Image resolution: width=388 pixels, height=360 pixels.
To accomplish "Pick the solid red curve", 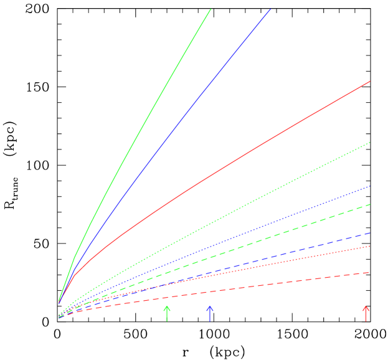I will (249, 152).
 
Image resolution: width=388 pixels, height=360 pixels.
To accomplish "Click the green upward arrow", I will (166, 313).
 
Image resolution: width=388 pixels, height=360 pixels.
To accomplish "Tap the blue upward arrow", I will (210, 313).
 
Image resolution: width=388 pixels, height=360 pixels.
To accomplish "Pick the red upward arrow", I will (366, 313).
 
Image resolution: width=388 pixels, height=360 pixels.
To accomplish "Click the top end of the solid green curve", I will (211, 9).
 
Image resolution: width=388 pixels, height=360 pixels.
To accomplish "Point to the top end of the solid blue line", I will (270, 9).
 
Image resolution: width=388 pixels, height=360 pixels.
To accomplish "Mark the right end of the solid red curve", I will (370, 82).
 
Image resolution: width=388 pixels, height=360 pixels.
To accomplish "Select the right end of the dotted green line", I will (370, 143).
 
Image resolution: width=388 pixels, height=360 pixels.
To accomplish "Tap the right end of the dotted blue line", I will (370, 186).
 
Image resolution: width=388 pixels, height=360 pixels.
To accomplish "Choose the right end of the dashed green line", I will (370, 204).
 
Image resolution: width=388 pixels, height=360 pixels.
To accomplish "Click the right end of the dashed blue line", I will (370, 233).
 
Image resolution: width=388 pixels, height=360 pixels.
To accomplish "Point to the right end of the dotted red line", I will (370, 246).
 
